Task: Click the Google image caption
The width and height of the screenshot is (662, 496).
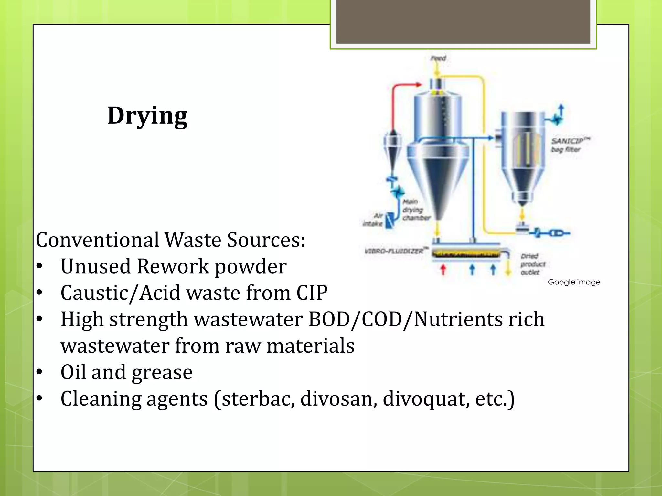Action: tap(574, 282)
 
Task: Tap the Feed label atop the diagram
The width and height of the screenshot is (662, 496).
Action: tap(438, 58)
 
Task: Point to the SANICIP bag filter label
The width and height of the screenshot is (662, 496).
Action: tap(569, 145)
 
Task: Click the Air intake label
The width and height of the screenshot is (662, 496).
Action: tap(373, 220)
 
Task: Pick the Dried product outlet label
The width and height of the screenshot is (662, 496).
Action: tap(532, 264)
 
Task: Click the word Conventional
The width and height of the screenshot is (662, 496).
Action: tap(97, 240)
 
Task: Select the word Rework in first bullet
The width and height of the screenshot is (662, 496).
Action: tap(173, 266)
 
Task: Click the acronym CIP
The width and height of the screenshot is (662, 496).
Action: tap(312, 293)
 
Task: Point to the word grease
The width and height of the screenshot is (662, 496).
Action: tap(162, 372)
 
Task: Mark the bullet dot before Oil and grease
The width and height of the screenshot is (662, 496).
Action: tap(39, 372)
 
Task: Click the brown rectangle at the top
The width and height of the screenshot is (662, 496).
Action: tap(463, 22)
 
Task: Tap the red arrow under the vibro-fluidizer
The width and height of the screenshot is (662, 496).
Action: tap(443, 270)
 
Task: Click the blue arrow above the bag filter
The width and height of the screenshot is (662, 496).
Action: tap(561, 111)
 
